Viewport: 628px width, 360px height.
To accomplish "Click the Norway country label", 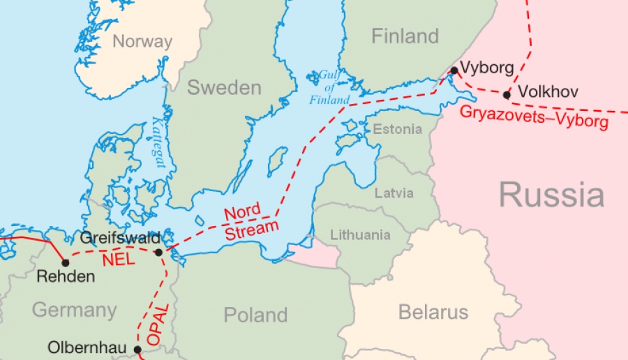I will (142, 41).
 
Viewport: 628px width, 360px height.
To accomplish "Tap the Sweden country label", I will (224, 88).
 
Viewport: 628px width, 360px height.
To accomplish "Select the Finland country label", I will (405, 36).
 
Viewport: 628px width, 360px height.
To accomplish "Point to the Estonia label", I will (397, 129).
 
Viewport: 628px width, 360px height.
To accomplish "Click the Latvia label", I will (394, 193).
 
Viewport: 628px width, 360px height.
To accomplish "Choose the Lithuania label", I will (360, 235).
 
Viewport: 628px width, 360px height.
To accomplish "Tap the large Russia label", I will (551, 195).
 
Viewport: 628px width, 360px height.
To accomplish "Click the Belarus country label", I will (433, 312).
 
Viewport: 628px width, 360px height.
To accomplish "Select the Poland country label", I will (255, 315).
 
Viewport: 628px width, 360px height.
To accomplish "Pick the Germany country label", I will (74, 310).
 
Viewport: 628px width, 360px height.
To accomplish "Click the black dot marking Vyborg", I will (454, 70).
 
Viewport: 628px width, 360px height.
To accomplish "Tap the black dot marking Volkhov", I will (507, 94).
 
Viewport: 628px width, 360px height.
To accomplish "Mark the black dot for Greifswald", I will (158, 253).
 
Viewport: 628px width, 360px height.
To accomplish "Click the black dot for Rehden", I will (66, 263).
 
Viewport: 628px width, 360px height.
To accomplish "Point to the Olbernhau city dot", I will (137, 350).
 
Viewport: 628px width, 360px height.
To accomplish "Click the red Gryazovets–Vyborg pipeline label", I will (534, 117).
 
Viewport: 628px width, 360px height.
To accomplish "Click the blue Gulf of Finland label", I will (329, 87).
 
